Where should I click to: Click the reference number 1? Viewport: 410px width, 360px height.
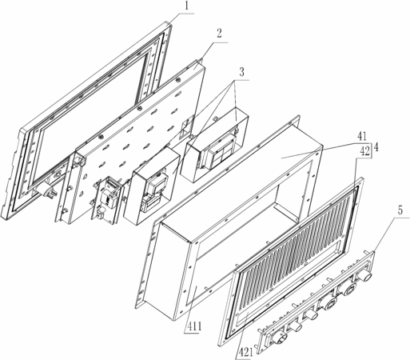tap(187, 6)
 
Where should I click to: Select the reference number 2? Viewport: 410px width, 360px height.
tap(219, 34)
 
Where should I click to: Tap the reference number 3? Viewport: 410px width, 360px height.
tap(241, 73)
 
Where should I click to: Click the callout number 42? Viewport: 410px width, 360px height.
tap(364, 152)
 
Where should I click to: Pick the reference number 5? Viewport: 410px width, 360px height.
tap(400, 210)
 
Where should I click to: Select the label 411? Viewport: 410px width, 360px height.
tap(193, 327)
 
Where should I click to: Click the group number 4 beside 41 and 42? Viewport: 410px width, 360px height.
tap(376, 147)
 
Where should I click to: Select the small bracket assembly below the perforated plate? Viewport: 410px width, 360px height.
tap(108, 199)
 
